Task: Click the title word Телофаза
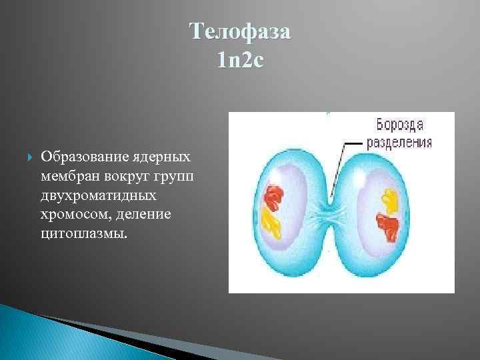click(x=240, y=32)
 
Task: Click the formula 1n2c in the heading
click(x=240, y=60)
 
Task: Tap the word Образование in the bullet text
click(x=81, y=157)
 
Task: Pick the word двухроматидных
click(x=99, y=196)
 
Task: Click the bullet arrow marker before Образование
click(x=26, y=157)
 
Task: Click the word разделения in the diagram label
click(x=399, y=141)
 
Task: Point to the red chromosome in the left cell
click(x=273, y=197)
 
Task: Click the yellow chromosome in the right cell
click(x=389, y=198)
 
